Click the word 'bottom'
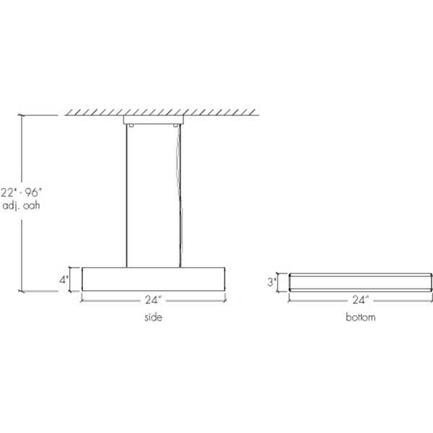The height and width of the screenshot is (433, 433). pos(361,318)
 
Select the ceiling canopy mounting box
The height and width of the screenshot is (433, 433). pos(154,121)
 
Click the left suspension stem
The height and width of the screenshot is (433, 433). pos(128,195)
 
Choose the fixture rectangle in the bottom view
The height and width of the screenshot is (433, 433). pos(361,281)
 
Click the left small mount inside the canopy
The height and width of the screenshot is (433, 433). pos(131,126)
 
